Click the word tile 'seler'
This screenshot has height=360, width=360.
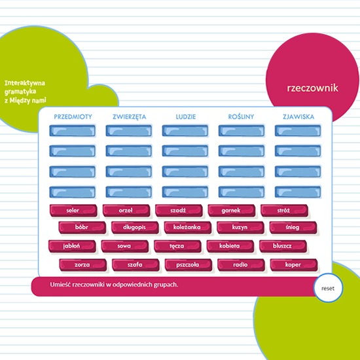(73, 210)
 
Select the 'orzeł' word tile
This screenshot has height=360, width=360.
(126, 210)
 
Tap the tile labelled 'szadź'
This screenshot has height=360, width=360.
(179, 210)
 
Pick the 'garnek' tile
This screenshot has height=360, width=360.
(232, 210)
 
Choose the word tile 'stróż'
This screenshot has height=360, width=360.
(284, 210)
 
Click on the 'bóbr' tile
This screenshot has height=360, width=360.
(82, 227)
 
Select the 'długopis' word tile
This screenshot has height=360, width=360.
(135, 227)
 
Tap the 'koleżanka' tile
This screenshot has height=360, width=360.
(188, 227)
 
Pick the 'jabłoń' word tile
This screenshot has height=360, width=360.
(72, 246)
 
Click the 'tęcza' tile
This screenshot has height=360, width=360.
(177, 246)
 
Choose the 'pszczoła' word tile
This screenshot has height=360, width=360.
(189, 265)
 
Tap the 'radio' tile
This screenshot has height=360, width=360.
(241, 265)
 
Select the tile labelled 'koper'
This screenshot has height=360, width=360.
(294, 265)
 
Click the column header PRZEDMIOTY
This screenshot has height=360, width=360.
(73, 117)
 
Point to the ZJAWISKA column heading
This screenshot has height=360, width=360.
(298, 117)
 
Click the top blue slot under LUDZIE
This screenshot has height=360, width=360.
(185, 131)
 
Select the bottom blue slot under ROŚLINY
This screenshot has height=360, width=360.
(242, 192)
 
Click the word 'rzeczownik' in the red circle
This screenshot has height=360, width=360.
(312, 88)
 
